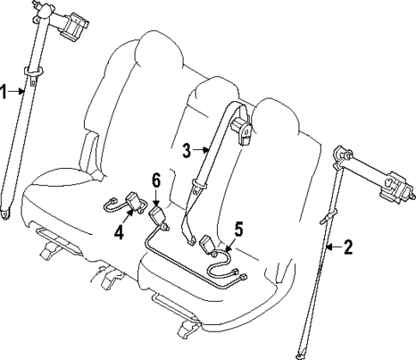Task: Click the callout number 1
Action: click(4, 91)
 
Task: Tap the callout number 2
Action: click(348, 249)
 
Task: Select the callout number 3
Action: click(186, 150)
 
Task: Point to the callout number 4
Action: click(119, 231)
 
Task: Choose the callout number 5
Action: click(238, 229)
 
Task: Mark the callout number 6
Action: click(156, 179)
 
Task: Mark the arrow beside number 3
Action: click(201, 150)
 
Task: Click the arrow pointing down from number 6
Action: click(156, 195)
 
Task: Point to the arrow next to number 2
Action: click(333, 249)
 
